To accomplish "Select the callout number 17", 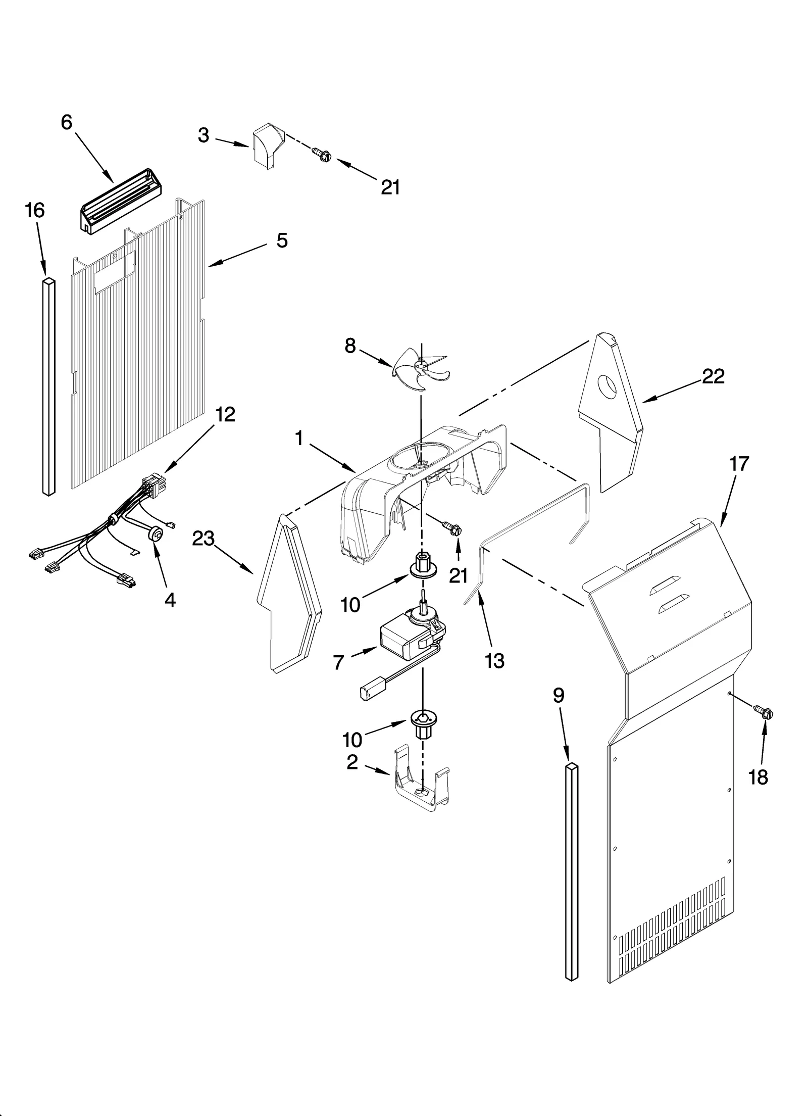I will (x=739, y=463).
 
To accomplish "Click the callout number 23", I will (x=204, y=539).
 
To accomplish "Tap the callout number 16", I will (x=35, y=210).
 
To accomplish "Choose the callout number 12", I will (x=225, y=414).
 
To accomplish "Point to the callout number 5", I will (x=282, y=240).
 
